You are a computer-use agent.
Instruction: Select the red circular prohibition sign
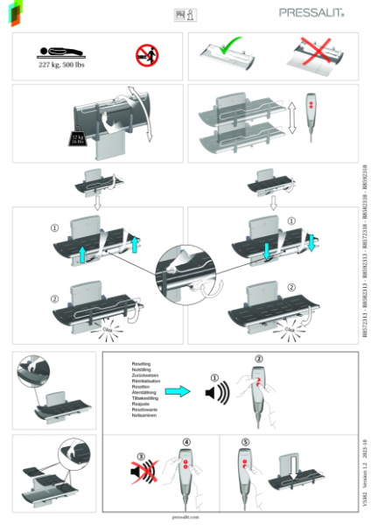146,55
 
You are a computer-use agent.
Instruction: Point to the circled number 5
246,444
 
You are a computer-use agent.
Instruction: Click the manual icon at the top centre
185,13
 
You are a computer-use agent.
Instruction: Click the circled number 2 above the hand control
258,359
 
